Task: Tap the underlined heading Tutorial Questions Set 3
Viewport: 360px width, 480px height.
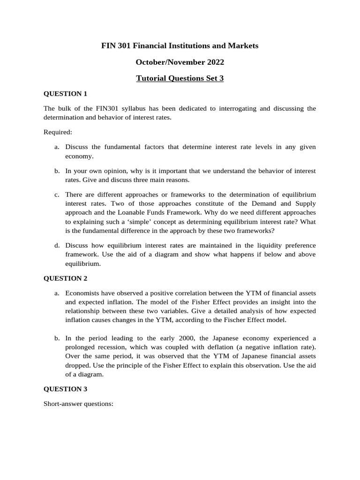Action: coord(180,78)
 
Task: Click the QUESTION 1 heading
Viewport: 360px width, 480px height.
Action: coord(66,94)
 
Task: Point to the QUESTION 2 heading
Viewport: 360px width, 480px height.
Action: coord(66,278)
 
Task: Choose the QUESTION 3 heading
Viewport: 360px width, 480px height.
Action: coord(66,389)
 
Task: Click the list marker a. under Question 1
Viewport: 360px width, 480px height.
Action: coord(57,147)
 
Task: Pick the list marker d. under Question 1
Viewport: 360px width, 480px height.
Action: coord(57,245)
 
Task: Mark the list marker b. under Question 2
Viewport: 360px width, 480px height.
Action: coord(57,338)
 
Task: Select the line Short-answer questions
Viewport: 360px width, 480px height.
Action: coord(79,403)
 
